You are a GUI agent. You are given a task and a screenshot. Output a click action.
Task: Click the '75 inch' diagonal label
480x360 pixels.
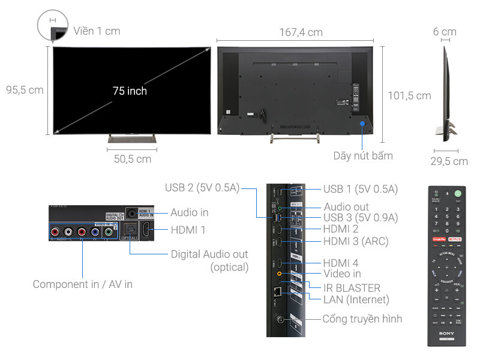tap(130, 91)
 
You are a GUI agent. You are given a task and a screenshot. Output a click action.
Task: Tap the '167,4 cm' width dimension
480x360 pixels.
tap(301, 32)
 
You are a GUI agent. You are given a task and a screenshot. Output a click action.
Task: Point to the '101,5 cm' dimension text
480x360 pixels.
tap(409, 95)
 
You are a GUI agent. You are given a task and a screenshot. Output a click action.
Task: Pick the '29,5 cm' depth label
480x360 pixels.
tap(449, 161)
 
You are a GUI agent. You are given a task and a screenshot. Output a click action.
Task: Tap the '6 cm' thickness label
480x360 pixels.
tap(445, 32)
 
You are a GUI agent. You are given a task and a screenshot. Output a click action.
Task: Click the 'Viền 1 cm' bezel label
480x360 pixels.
tap(97, 31)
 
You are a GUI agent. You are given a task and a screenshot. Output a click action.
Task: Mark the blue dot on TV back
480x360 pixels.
tap(363, 124)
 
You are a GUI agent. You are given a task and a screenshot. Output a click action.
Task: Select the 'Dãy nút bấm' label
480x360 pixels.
tap(363, 156)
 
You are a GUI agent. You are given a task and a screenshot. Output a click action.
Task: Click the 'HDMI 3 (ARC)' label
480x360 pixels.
tap(356, 241)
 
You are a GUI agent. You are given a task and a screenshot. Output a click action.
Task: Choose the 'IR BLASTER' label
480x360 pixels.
tap(352, 288)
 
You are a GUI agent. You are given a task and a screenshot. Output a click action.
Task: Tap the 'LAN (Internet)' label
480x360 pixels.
tap(356, 299)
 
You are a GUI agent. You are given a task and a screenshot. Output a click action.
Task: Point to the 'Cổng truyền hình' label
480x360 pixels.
tap(362, 319)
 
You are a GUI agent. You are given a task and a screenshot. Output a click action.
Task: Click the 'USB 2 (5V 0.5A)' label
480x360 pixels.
tap(202, 188)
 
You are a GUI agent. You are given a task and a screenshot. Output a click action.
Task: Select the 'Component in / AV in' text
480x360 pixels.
tap(83, 284)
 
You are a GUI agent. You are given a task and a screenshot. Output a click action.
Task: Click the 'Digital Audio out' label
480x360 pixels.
tap(210, 254)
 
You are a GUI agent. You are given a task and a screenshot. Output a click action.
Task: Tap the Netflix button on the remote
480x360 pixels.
tap(455, 239)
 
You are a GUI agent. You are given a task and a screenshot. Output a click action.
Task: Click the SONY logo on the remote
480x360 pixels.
tap(446, 333)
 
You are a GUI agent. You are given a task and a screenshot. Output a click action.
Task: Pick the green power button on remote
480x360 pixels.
tap(458, 193)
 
